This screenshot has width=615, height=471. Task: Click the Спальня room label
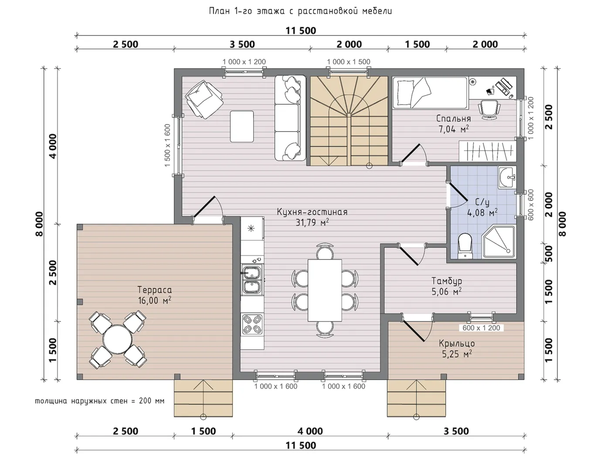click(453, 118)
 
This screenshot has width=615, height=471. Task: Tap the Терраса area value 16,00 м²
click(154, 300)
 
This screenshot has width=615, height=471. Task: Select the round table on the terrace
click(117, 339)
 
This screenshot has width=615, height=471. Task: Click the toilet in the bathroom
click(465, 246)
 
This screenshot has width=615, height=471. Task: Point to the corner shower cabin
click(499, 242)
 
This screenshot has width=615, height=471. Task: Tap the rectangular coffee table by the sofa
click(242, 126)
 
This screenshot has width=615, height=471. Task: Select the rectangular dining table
click(324, 290)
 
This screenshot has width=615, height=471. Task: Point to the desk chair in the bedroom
click(489, 109)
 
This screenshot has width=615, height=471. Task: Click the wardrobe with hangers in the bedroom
click(487, 151)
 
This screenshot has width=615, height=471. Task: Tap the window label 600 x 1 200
click(481, 328)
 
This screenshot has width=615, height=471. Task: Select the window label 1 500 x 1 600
click(167, 145)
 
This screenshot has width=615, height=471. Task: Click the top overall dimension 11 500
click(301, 31)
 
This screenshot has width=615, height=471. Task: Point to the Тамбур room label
click(447, 281)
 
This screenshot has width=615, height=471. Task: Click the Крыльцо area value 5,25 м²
click(457, 354)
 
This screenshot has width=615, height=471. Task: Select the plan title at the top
click(300, 11)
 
